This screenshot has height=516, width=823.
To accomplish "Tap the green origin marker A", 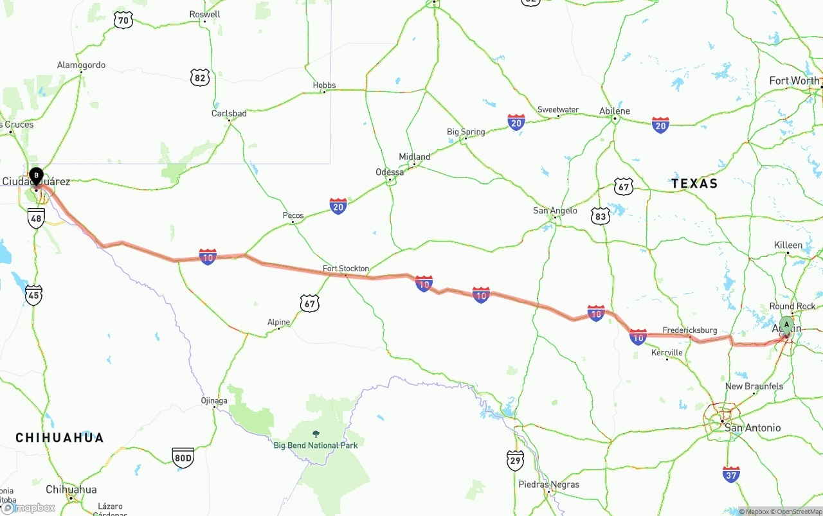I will [786, 325].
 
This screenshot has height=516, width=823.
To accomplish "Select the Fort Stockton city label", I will [346, 269].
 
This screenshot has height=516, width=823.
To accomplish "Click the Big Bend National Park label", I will [315, 445].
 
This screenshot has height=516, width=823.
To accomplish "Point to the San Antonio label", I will [752, 428].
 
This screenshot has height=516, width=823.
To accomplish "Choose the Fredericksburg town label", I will [689, 330].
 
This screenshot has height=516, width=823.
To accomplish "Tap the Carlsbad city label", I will [229, 114].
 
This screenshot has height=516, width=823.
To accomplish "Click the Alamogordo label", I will [81, 66].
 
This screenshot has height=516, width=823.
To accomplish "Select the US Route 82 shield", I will [200, 78].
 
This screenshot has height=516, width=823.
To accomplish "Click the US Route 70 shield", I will [123, 21].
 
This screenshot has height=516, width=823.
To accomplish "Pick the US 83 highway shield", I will [600, 217].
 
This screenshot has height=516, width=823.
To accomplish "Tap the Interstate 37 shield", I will [731, 475].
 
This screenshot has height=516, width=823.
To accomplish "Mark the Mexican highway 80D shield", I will [183, 458].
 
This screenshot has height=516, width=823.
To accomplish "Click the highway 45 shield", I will [34, 295].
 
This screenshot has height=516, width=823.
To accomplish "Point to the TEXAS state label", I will [694, 184].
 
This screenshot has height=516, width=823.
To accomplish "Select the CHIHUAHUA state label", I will [60, 438].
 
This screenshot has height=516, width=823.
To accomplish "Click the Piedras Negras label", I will [548, 485].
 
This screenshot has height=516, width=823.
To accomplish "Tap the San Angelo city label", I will [555, 211].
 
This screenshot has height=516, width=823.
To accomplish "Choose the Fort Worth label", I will [794, 81].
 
